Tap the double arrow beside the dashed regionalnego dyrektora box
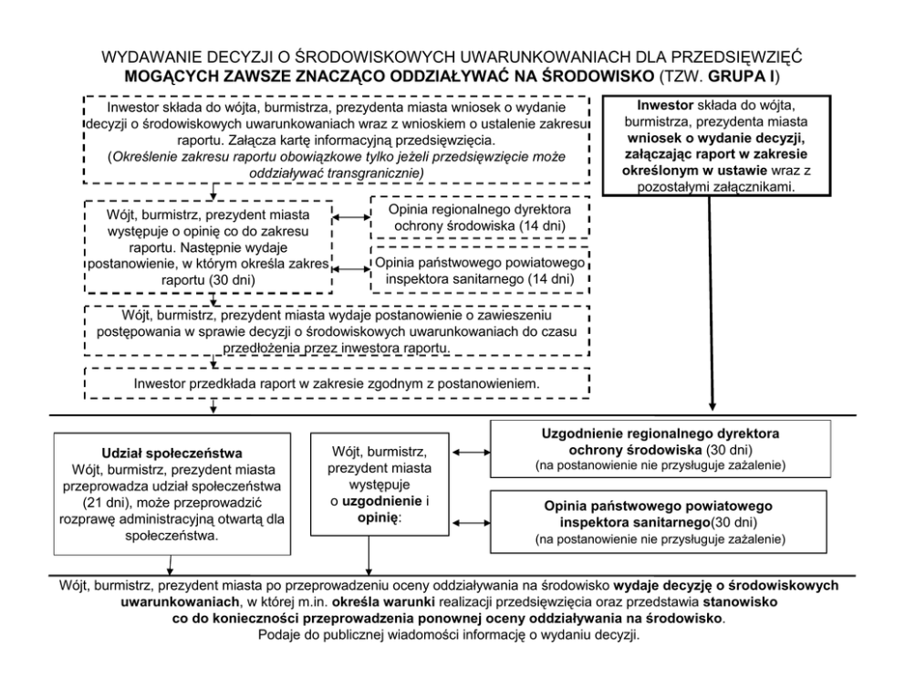(350, 217)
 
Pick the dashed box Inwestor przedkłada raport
(337, 383)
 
